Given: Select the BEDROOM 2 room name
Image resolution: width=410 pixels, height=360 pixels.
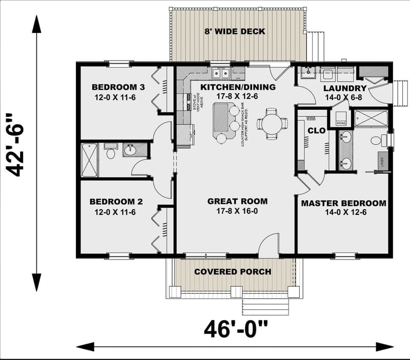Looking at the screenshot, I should click(x=112, y=202).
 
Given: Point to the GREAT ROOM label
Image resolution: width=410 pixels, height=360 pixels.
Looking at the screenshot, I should click(x=237, y=202).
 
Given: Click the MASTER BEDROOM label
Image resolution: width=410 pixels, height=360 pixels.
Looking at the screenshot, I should click(x=343, y=204).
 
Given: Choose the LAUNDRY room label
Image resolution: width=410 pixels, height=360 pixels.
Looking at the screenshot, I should click(x=345, y=88).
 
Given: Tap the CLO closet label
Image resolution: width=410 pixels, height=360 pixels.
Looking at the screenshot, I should click(x=316, y=131).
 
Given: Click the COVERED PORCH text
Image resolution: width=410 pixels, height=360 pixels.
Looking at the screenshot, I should click(x=233, y=271).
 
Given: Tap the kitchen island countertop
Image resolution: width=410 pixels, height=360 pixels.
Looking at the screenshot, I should click(x=221, y=118).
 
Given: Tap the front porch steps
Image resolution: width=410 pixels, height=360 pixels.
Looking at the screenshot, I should click(x=265, y=307).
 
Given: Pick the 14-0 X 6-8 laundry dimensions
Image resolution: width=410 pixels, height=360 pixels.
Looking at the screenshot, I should click(x=345, y=97).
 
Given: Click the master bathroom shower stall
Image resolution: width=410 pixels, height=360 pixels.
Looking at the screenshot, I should click(x=371, y=118).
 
